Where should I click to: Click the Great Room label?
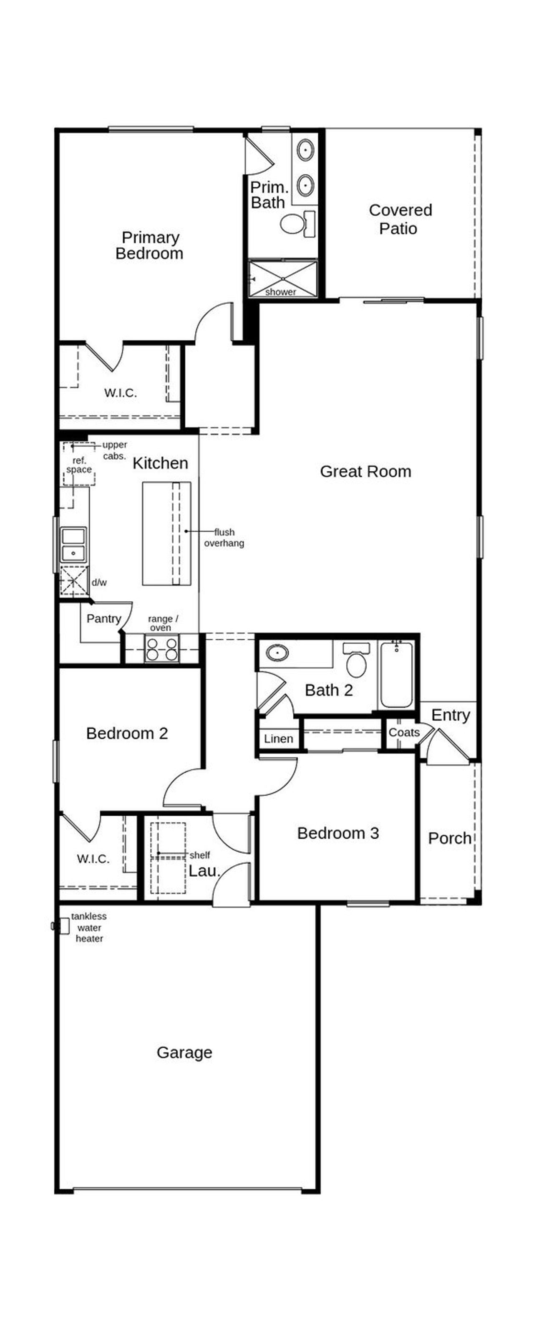click(x=365, y=471)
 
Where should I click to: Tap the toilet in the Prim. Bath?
click(x=297, y=224)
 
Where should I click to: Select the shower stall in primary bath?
click(x=282, y=279)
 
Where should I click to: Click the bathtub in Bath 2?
click(x=396, y=674)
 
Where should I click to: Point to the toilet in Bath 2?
click(x=356, y=660)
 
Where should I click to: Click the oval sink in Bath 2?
click(x=277, y=653)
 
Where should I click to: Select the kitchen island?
click(x=166, y=534)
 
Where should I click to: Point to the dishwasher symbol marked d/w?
click(x=74, y=581)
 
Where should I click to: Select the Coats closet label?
click(x=403, y=732)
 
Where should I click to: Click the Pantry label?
click(x=103, y=619)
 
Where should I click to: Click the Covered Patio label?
click(x=400, y=219)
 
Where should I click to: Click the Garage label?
click(x=184, y=1052)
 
